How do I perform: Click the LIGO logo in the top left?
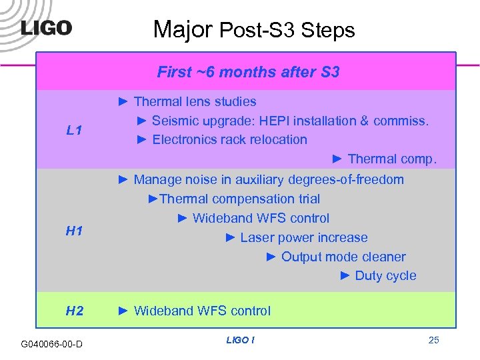click(46, 29)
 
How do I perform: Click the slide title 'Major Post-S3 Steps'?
click(254, 29)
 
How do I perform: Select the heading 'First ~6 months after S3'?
click(248, 71)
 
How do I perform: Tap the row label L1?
click(74, 131)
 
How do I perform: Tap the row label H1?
click(74, 231)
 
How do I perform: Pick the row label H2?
click(74, 311)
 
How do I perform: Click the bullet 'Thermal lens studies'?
click(195, 101)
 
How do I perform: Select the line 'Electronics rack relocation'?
click(229, 139)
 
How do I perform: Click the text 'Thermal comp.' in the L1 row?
click(392, 159)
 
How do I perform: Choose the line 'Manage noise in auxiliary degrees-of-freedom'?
click(268, 179)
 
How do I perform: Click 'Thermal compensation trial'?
click(240, 199)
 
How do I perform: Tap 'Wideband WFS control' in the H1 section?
click(261, 218)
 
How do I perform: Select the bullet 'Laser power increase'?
click(303, 237)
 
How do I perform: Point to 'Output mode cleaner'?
click(343, 257)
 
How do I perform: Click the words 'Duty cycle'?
click(385, 275)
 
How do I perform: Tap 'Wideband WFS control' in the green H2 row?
click(202, 311)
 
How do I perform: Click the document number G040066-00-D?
click(52, 344)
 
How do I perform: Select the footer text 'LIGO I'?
click(240, 341)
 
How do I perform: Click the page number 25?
click(433, 341)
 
